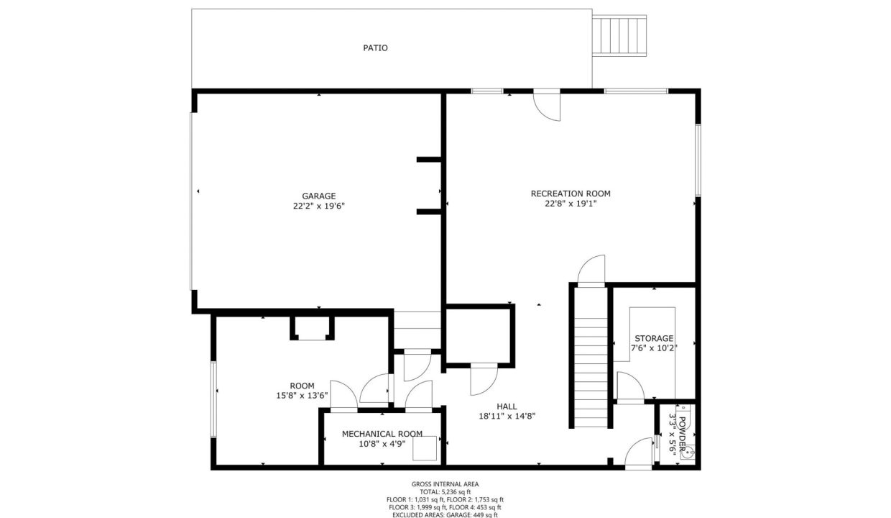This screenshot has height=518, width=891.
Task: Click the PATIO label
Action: pos(375,47)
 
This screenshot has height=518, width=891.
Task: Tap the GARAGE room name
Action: pos(318,196)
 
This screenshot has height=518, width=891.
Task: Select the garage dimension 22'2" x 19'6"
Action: pos(318,206)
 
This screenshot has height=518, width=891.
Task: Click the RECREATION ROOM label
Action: pos(571,194)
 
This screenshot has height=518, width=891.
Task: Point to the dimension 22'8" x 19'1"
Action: pos(571,204)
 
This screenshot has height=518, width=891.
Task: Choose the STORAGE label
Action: pos(654,338)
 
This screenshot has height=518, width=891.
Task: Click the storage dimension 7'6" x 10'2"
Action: pos(654,348)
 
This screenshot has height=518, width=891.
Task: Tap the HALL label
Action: pos(507,406)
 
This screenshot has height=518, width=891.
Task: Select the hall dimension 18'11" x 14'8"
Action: pos(507,417)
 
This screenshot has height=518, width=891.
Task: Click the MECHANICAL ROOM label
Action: pos(382,434)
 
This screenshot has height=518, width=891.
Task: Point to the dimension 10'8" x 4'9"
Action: pos(382,444)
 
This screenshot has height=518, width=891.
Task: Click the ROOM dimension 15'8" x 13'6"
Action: pos(302,396)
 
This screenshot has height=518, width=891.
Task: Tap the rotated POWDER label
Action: pos(682,432)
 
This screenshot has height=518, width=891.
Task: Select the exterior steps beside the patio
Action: pos(619,35)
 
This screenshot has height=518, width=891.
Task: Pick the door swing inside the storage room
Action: pos(630,386)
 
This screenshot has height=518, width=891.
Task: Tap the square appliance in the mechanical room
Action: pos(425,448)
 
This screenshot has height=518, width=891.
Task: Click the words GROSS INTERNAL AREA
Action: pos(445,484)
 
